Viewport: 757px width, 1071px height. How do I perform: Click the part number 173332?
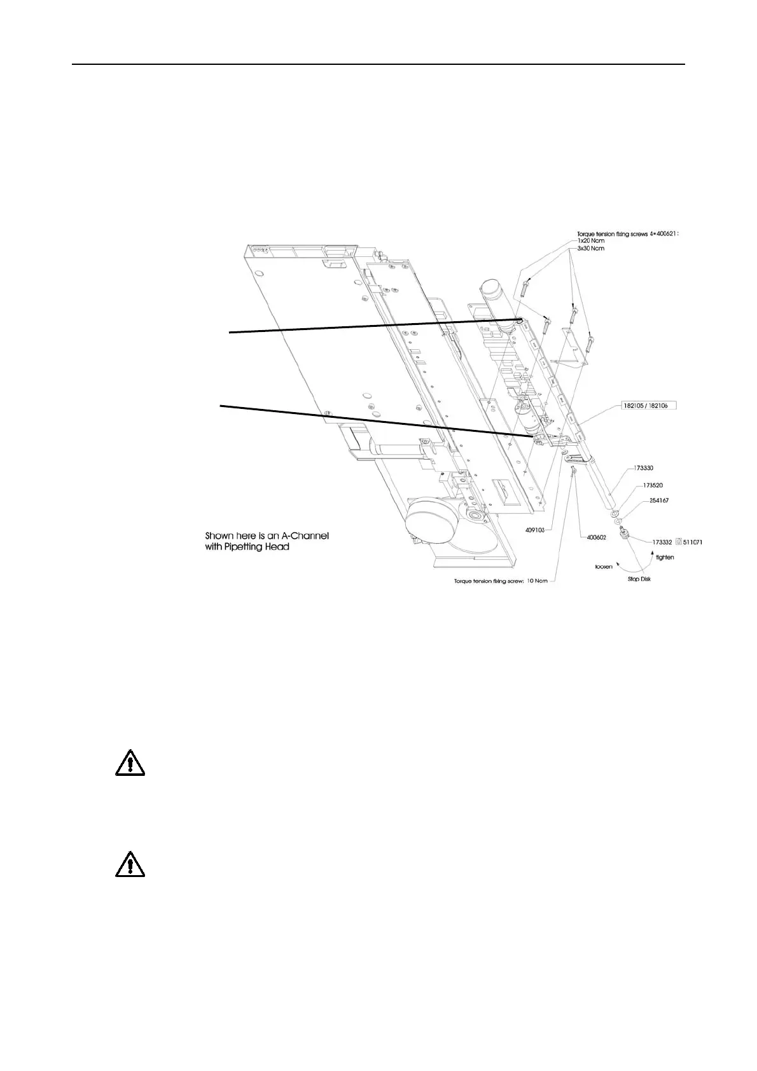click(x=662, y=542)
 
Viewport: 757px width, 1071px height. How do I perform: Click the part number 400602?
click(x=595, y=537)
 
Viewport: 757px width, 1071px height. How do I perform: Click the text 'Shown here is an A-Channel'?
click(x=267, y=535)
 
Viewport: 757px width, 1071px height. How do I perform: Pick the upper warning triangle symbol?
click(x=130, y=762)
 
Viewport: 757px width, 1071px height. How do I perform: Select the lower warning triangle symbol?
click(x=130, y=863)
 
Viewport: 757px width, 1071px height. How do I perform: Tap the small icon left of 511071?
click(x=678, y=542)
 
